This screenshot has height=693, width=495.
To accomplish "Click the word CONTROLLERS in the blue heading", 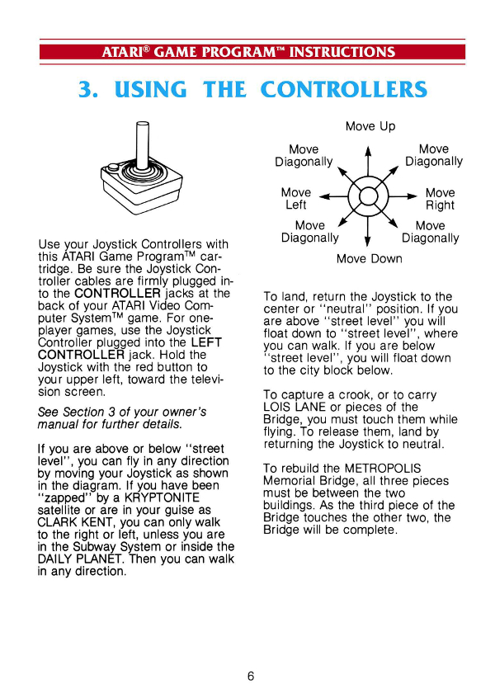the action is pyautogui.click(x=344, y=89).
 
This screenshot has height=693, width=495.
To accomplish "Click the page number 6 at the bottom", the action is pyautogui.click(x=251, y=676).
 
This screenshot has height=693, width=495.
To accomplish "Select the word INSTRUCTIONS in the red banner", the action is pyautogui.click(x=342, y=52).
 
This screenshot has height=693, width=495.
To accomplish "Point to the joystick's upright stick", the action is pyautogui.click(x=142, y=145).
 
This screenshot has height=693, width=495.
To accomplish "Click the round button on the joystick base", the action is pyautogui.click(x=113, y=167).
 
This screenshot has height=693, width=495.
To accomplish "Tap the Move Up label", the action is pyautogui.click(x=370, y=126).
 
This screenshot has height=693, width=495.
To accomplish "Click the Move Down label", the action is pyautogui.click(x=369, y=258).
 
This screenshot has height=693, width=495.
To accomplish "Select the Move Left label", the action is pyautogui.click(x=295, y=199).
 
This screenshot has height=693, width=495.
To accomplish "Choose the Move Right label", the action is pyautogui.click(x=441, y=199).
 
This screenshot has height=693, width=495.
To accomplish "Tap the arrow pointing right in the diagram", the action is pyautogui.click(x=403, y=196).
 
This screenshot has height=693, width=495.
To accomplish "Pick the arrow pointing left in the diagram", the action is pyautogui.click(x=333, y=196).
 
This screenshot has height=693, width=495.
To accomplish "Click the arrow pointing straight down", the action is pyautogui.click(x=368, y=232).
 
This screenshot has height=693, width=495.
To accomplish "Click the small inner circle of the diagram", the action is pyautogui.click(x=368, y=196).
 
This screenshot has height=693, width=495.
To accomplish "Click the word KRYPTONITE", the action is pyautogui.click(x=162, y=497).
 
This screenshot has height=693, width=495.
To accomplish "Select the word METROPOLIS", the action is pyautogui.click(x=383, y=469).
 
